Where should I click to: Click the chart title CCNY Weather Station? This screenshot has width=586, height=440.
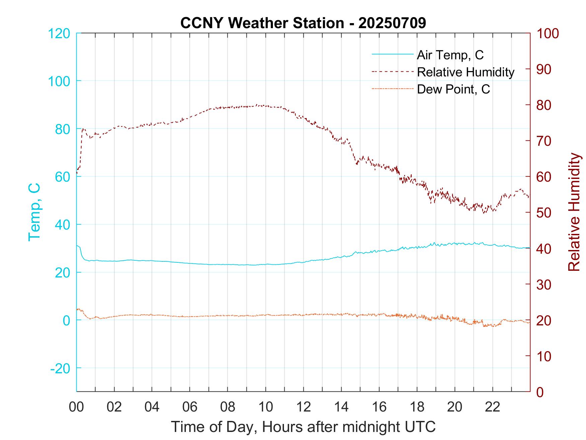pyautogui.click(x=303, y=23)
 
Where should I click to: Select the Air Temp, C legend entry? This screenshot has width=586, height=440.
pyautogui.click(x=450, y=55)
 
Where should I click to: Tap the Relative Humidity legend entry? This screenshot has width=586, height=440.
pyautogui.click(x=465, y=72)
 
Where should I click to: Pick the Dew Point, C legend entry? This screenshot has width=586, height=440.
pyautogui.click(x=453, y=89)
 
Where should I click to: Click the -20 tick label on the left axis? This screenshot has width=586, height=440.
pyautogui.click(x=60, y=368)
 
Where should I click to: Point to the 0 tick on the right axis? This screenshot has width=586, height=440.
pyautogui.click(x=540, y=392)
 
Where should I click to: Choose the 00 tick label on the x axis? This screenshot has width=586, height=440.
pyautogui.click(x=76, y=407)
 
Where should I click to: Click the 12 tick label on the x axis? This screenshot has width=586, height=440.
pyautogui.click(x=303, y=407)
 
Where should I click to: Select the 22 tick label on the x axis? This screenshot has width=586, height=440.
pyautogui.click(x=493, y=407)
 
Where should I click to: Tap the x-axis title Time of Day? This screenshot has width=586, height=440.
pyautogui.click(x=303, y=427)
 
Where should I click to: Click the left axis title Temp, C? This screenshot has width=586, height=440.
pyautogui.click(x=34, y=212)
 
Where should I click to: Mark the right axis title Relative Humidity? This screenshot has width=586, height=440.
pyautogui.click(x=574, y=212)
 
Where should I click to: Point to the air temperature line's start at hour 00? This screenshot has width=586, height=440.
pyautogui.click(x=77, y=246)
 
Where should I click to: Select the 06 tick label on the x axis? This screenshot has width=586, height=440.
pyautogui.click(x=190, y=407)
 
